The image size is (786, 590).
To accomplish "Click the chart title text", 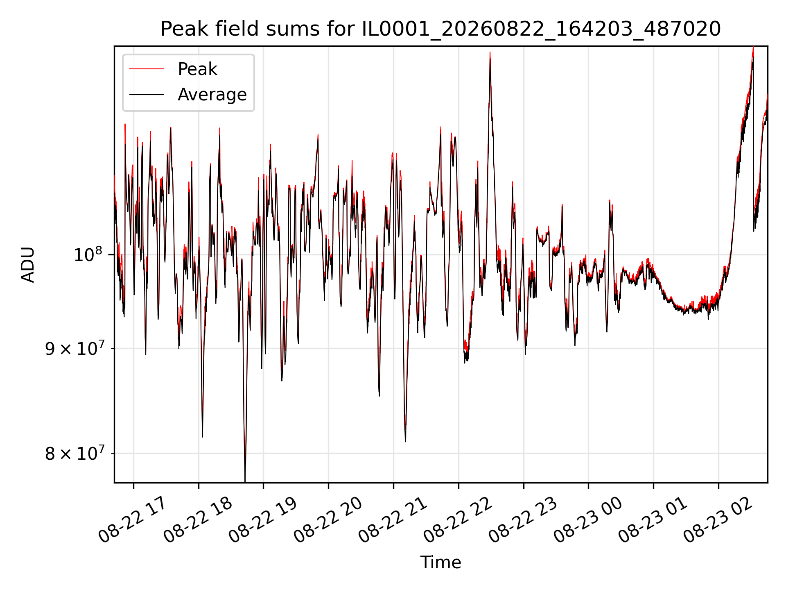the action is [440, 29].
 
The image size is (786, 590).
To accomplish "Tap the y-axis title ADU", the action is [28, 265].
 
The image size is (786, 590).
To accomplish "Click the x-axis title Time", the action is [440, 563].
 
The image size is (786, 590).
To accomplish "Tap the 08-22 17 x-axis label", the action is [132, 520].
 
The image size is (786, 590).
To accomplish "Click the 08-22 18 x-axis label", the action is [197, 520].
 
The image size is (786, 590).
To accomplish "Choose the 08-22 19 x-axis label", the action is [262, 520].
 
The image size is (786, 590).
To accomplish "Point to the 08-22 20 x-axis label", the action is [327, 520].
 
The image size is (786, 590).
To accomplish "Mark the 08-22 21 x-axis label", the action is [392, 520].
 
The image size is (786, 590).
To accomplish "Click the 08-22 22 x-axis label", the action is [457, 520].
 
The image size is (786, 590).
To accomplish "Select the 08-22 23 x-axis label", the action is [522, 520].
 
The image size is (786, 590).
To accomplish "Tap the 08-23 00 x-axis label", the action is [587, 520].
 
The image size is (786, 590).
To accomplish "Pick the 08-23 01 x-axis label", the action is [653, 520].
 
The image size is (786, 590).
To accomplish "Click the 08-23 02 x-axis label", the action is [718, 520].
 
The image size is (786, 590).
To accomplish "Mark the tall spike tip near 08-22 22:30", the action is [490, 52].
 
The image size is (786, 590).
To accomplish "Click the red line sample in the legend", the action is [147, 69].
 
